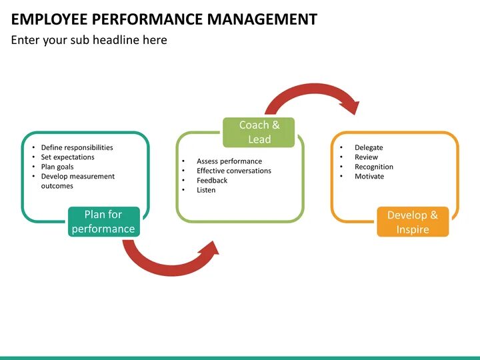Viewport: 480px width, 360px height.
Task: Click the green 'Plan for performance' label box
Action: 103,222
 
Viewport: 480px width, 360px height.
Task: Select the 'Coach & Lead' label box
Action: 259,132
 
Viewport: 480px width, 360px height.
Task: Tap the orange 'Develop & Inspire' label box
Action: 413,222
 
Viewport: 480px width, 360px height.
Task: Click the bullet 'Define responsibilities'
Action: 77,147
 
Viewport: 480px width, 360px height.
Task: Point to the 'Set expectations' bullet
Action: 67,157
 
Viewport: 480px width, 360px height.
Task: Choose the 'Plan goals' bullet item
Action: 57,167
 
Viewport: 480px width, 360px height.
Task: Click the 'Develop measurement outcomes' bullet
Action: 77,181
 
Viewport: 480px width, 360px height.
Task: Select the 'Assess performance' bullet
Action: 229,161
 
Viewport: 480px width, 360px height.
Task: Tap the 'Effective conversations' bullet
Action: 233,171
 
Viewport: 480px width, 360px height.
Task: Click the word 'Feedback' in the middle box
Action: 212,181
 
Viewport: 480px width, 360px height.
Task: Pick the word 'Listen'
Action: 206,190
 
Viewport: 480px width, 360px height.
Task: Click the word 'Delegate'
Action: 369,147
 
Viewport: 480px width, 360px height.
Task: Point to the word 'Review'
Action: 366,157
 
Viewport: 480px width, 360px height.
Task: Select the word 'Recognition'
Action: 373,167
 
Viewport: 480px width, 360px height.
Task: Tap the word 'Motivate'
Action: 369,177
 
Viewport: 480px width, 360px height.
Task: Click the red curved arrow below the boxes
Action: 167,263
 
